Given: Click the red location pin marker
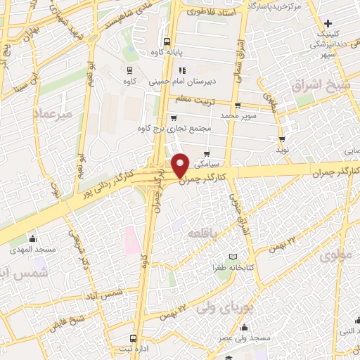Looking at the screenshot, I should point(181,165).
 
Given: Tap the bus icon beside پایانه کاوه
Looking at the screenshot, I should point(167,41).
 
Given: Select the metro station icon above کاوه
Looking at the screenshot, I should point(129,69).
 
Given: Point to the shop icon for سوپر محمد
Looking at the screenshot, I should point(237,105).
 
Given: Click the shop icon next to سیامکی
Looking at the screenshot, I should point(206,154).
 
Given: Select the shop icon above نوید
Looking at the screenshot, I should point(282,139).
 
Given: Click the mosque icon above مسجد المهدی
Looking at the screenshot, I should point(32,238).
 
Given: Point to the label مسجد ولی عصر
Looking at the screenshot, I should point(244,338).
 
